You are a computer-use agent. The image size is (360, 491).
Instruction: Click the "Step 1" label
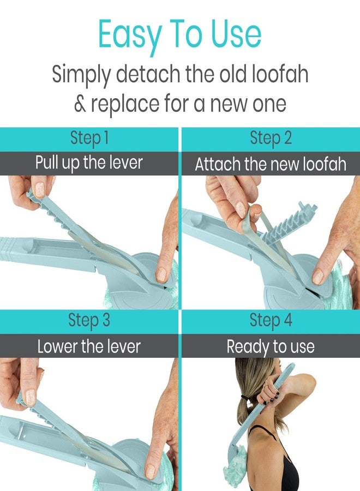[x=89, y=138]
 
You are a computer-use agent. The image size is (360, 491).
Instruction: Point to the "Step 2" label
[x=271, y=138]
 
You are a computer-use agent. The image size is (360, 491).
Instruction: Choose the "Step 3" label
[x=89, y=320]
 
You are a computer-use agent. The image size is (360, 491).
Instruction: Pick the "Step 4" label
[x=271, y=320]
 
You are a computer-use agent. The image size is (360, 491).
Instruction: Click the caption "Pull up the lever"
[x=89, y=163]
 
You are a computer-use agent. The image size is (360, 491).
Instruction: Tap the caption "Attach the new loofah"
[x=271, y=164]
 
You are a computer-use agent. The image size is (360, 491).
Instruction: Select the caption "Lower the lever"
[x=89, y=346]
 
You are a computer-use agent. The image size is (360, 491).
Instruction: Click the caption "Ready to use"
[x=271, y=346]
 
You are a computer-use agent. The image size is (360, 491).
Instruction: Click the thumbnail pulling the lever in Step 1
[x=40, y=189]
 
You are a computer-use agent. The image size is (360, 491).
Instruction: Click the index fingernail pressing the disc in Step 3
[x=150, y=471]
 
